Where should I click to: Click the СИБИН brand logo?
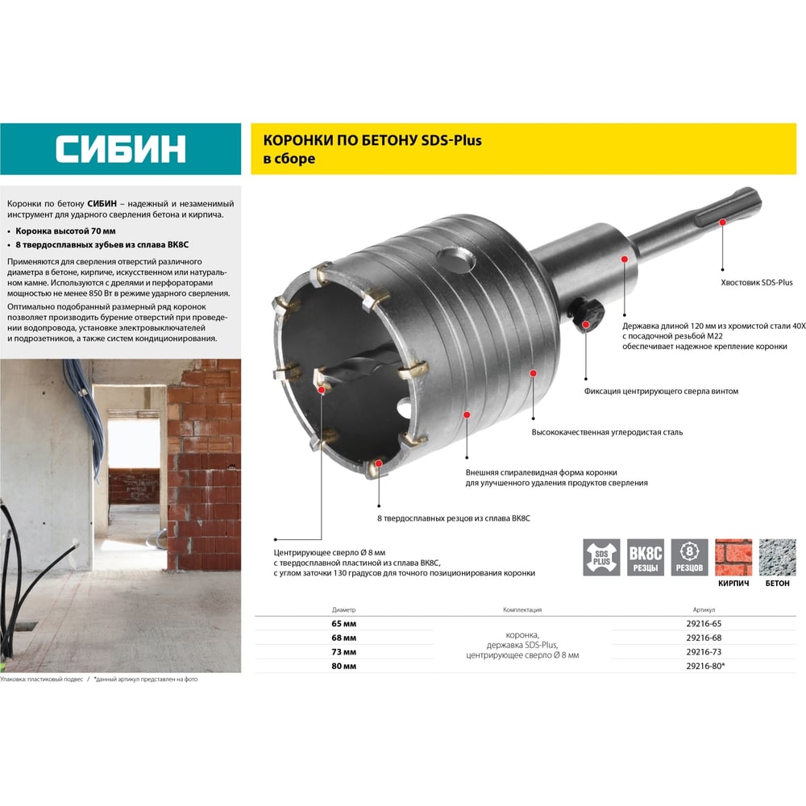(120, 149)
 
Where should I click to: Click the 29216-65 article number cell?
(704, 624)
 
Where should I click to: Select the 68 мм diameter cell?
(344, 638)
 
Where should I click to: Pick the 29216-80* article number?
(705, 667)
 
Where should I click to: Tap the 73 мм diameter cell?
(344, 652)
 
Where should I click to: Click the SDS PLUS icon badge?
(601, 557)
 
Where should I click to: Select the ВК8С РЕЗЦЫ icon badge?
(646, 557)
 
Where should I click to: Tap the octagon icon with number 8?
(689, 551)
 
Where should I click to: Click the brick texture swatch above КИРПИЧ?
(733, 557)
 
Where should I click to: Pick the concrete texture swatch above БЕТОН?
(778, 557)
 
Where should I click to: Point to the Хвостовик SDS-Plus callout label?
(757, 283)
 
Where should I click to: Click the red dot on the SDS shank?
(722, 222)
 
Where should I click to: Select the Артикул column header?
(704, 609)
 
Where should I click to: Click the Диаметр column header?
(344, 609)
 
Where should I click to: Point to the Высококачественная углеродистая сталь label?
(607, 432)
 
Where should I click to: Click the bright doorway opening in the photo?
(134, 443)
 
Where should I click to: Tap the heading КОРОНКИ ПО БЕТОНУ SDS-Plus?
(372, 140)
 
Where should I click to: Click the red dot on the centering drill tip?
(322, 390)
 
